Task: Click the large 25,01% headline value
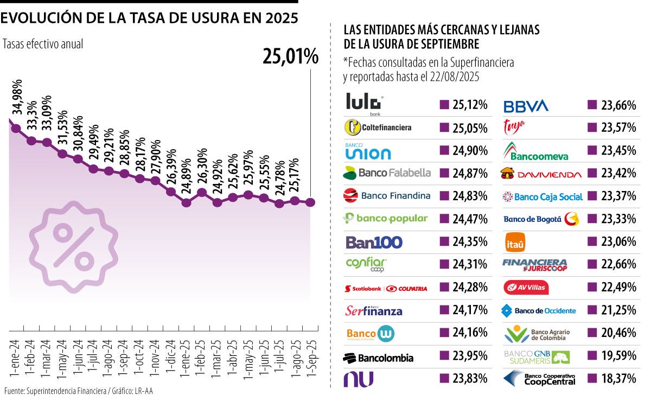(x=290, y=56)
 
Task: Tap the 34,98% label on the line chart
(x=18, y=97)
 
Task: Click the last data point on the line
(x=310, y=202)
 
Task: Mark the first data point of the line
(x=16, y=129)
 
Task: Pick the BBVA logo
(x=526, y=105)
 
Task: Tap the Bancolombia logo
(x=379, y=358)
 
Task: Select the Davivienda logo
(x=541, y=174)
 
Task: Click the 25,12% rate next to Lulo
(x=469, y=105)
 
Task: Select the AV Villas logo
(x=526, y=287)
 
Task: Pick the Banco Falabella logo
(x=387, y=173)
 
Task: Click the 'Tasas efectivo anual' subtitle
(x=43, y=44)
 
